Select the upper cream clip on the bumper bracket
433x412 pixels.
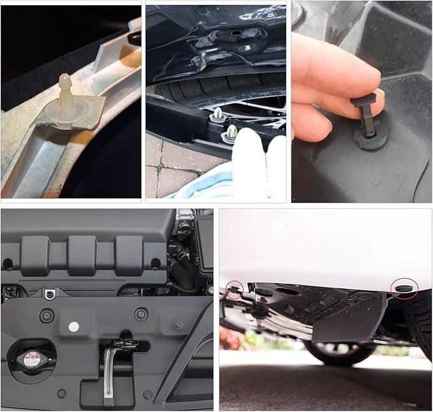pos(218,115)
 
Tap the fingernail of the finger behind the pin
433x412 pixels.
pos(378,95)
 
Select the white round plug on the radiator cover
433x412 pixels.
pos(74,326)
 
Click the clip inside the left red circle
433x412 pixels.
pos(235,290)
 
